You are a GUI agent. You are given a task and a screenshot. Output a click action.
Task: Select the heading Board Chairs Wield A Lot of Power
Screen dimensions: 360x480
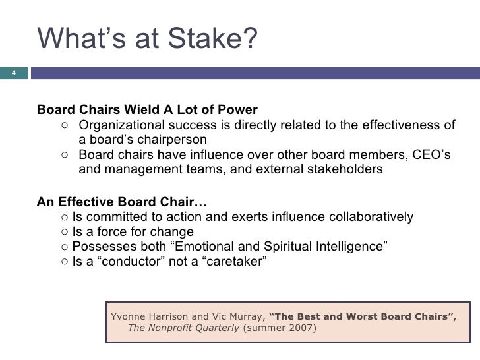pyautogui.click(x=147, y=109)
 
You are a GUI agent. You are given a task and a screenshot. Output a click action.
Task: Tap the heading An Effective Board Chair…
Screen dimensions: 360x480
pyautogui.click(x=121, y=201)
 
